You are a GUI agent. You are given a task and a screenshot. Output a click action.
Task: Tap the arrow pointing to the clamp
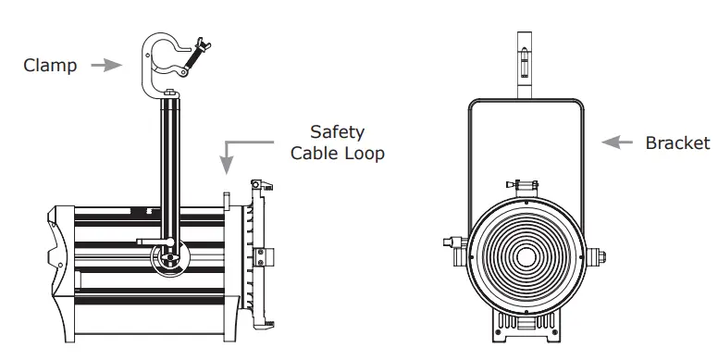click(109, 66)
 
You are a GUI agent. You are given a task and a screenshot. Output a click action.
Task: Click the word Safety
click(337, 132)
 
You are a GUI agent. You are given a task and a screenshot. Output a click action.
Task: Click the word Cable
click(316, 153)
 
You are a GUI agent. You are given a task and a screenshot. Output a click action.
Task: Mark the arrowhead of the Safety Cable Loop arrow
click(225, 169)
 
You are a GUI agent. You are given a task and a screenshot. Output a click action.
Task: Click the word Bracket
click(677, 143)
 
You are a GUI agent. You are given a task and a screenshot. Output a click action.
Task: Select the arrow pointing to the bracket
click(617, 143)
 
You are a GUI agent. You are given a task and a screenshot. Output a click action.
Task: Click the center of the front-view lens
click(526, 256)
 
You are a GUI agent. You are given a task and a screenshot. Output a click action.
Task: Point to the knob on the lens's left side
click(453, 245)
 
